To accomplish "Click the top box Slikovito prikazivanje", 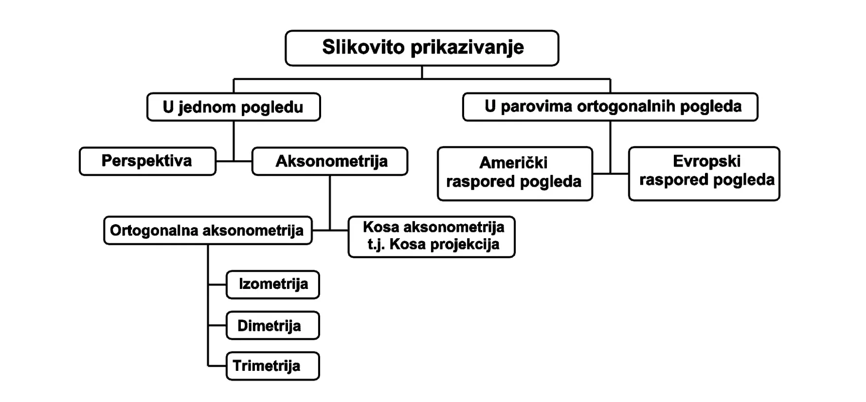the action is tap(422, 48).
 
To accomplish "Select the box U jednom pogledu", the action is tap(234, 107).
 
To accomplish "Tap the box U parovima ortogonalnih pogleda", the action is tap(610, 107).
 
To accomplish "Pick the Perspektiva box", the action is tap(147, 161).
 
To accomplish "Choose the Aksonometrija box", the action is tap(330, 161).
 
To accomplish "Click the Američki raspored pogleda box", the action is tap(515, 173).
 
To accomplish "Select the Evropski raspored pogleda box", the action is tap(704, 173).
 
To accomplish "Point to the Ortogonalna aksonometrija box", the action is tap(208, 230).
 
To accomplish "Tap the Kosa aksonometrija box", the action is tap(432, 237).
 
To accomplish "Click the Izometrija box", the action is tap(273, 285).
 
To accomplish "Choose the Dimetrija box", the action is tap(273, 325).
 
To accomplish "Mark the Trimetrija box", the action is tap(273, 366).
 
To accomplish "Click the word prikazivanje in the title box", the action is tap(467, 48).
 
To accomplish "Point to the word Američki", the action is tap(513, 162).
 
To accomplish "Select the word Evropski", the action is tap(706, 161).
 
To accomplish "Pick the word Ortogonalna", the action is tap(153, 230).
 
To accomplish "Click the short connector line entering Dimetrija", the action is tap(217, 325).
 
